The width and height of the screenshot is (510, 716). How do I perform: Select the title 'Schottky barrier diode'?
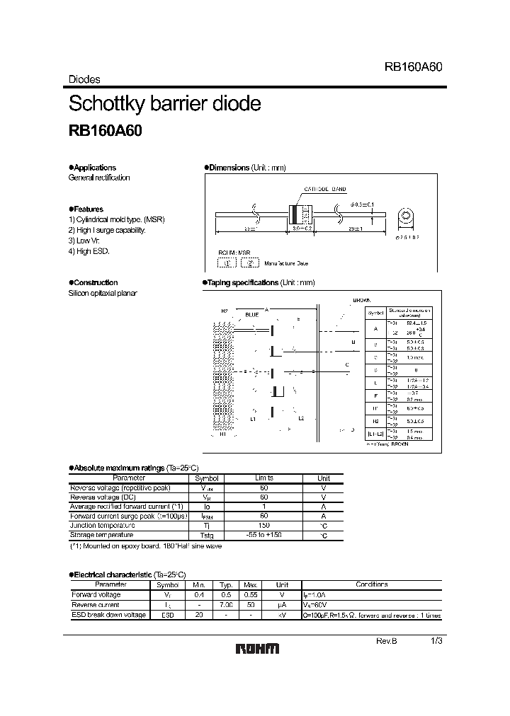(x=164, y=103)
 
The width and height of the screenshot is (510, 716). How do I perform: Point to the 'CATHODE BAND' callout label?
(x=325, y=190)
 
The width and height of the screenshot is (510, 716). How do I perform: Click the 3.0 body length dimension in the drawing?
(x=302, y=229)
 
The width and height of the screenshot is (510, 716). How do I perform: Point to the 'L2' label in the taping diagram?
(x=301, y=418)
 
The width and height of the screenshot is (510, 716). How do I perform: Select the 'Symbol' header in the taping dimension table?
(x=376, y=312)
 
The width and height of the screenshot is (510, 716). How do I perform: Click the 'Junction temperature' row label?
(x=102, y=526)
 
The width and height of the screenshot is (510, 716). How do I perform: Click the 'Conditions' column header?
(x=372, y=585)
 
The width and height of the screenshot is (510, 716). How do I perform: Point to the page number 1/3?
(x=437, y=640)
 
